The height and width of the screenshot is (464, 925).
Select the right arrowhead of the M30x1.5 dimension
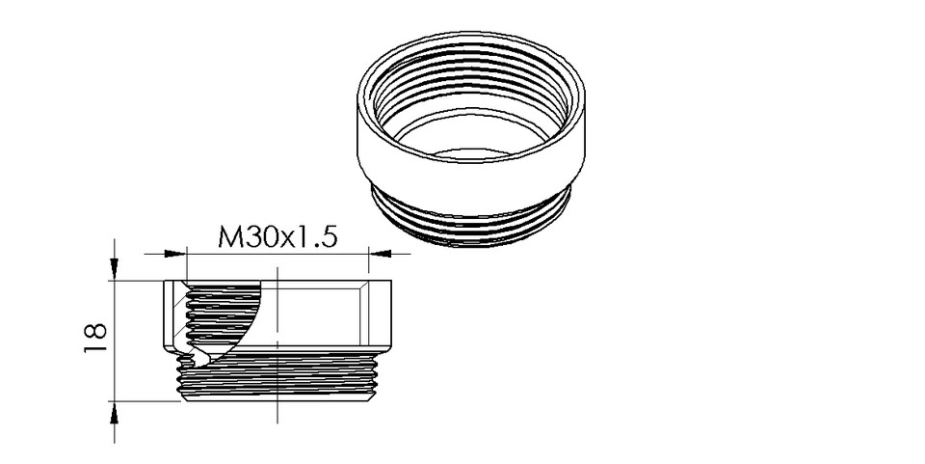pos(379,254)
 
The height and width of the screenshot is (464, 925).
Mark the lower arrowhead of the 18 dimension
pos(116,412)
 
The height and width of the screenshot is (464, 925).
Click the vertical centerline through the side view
pos(277,386)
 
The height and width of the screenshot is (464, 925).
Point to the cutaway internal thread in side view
pos(207,314)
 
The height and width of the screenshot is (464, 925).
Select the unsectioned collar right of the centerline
pos(328,314)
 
